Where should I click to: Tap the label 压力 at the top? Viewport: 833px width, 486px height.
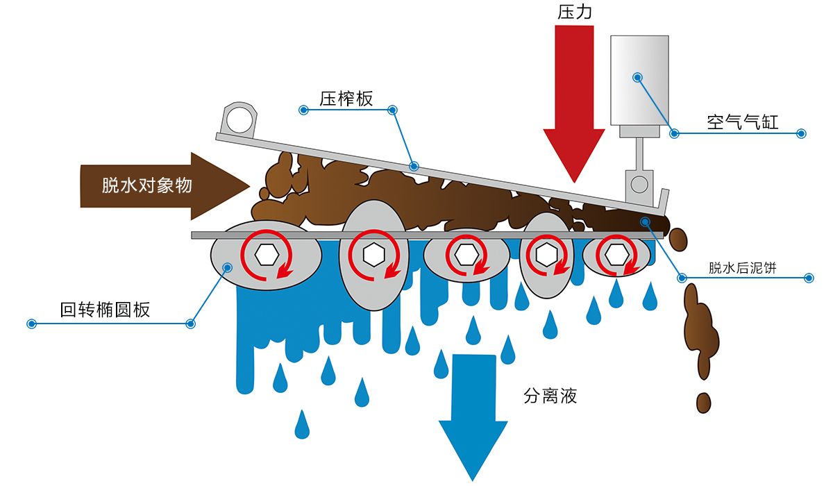pos(574,12)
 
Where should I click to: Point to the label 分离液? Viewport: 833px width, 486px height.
pos(550,396)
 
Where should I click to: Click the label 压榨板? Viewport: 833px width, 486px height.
pos(346,99)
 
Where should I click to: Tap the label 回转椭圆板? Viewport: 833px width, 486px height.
pos(105,310)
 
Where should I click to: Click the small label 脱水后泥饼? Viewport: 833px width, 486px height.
pos(742,269)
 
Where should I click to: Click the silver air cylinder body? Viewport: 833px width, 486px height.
pos(639,80)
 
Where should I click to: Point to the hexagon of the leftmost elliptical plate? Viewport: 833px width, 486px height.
pos(266,255)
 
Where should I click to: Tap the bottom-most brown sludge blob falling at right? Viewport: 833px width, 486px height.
pos(704,402)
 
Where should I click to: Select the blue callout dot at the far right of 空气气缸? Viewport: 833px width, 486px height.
pos(801,133)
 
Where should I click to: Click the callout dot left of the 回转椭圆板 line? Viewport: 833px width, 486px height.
pos(31,324)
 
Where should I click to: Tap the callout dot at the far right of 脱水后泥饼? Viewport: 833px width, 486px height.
pos(809,278)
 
